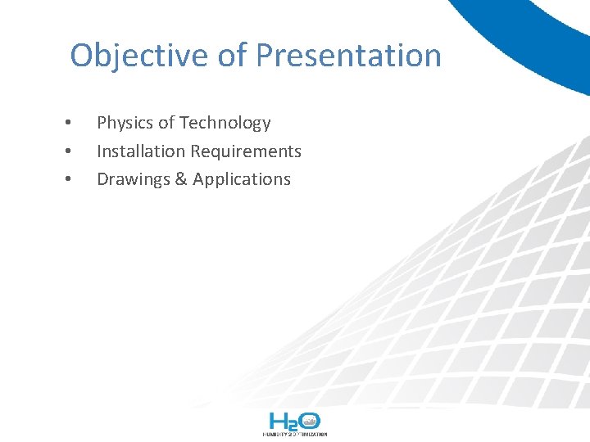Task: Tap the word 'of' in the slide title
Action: [233, 56]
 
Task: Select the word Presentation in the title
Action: [348, 56]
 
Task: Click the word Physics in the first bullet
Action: [125, 124]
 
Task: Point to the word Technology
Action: [225, 124]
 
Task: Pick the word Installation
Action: [141, 151]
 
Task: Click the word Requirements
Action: [247, 151]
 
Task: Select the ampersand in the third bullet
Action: [181, 179]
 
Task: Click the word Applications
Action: [242, 179]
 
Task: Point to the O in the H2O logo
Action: [309, 422]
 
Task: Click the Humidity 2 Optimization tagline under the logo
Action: [295, 435]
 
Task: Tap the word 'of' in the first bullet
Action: [166, 124]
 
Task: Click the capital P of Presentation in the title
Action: [265, 56]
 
